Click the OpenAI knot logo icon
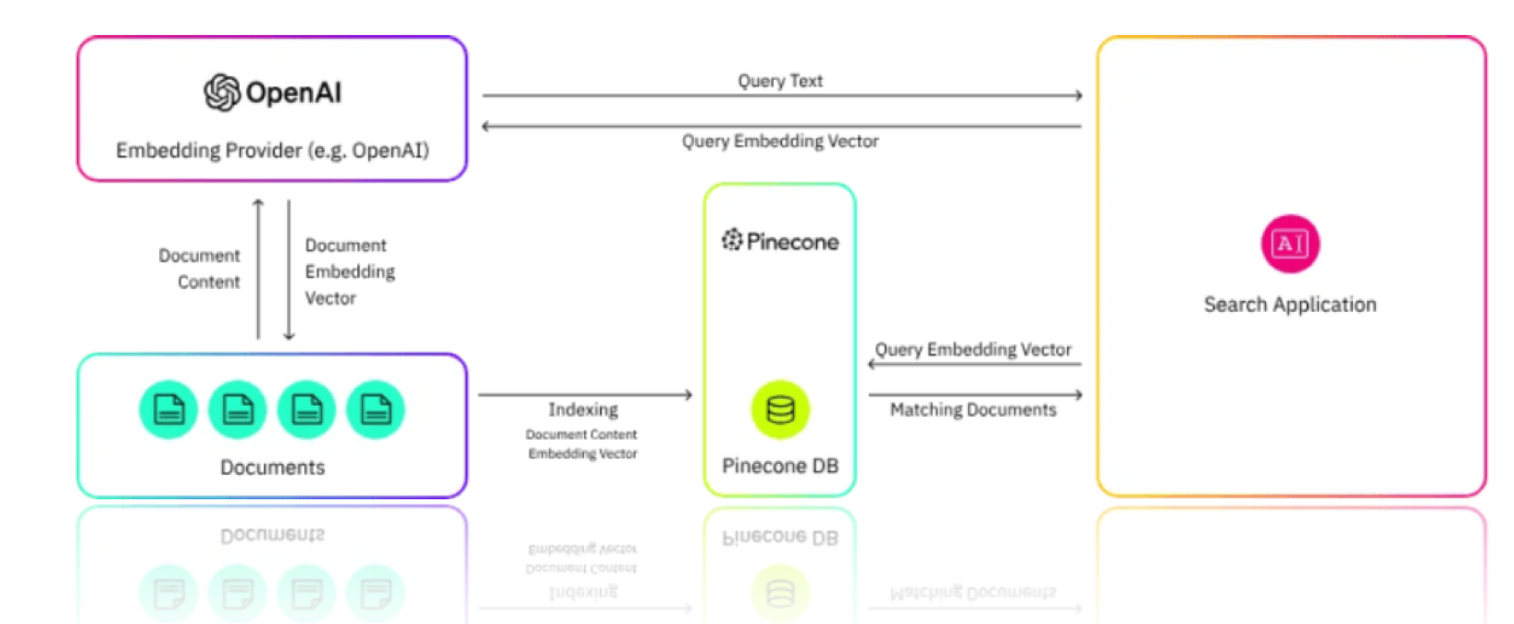click(x=222, y=93)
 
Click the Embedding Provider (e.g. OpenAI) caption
click(x=272, y=150)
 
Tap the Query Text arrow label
click(x=780, y=81)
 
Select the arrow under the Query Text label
click(x=782, y=95)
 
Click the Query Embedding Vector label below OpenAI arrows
click(x=780, y=141)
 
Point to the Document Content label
click(x=200, y=268)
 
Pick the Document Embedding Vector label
click(x=350, y=271)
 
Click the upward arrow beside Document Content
click(x=258, y=268)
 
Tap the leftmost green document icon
click(x=168, y=409)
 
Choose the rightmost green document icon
click(x=376, y=409)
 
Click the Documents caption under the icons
click(x=272, y=468)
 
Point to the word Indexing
click(x=583, y=409)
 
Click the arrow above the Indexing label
click(x=585, y=395)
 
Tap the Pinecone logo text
click(x=780, y=242)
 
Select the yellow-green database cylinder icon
click(x=780, y=409)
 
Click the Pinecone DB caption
click(x=780, y=466)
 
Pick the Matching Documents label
click(x=973, y=409)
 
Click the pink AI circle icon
click(x=1290, y=243)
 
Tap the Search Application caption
click(x=1290, y=305)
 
